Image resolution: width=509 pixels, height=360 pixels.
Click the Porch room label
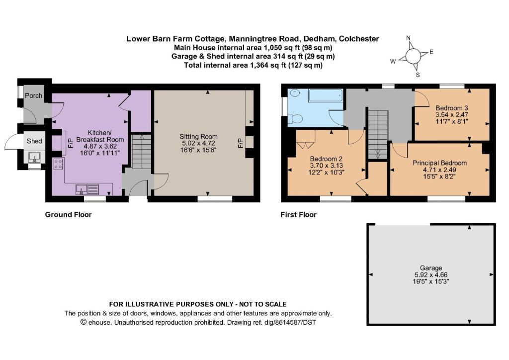pos(33,96)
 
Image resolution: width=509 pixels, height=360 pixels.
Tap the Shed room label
pos(34,141)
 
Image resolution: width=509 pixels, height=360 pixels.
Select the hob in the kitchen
pos(58,164)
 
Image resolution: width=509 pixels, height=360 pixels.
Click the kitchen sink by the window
pos(87,189)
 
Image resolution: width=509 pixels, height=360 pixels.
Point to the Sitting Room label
pos(198,137)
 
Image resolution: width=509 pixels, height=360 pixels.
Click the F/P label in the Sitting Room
pos(241,143)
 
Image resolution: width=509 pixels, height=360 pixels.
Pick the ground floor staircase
pos(142,152)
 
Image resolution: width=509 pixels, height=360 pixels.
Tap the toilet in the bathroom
pos(296,118)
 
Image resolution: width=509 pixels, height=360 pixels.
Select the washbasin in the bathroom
pos(295,93)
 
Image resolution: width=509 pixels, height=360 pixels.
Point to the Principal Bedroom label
pos(439,163)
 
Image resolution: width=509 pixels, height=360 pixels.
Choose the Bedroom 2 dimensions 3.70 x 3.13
pos(326,166)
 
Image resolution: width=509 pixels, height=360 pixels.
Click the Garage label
pos(431,268)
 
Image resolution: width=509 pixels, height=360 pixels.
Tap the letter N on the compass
pos(409,38)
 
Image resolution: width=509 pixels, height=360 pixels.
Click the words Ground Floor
pos(68,215)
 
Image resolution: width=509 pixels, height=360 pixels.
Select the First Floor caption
pos(298,215)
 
